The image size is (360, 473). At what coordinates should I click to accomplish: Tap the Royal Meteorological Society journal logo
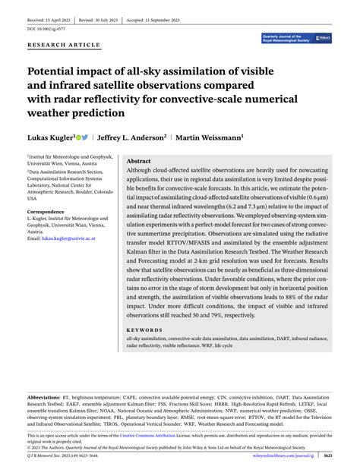(x=295, y=36)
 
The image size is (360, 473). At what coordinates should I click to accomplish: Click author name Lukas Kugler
(x=50, y=138)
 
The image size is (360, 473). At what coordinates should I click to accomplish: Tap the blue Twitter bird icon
(x=85, y=137)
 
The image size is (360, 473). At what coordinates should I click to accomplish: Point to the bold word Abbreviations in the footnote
(x=46, y=398)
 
